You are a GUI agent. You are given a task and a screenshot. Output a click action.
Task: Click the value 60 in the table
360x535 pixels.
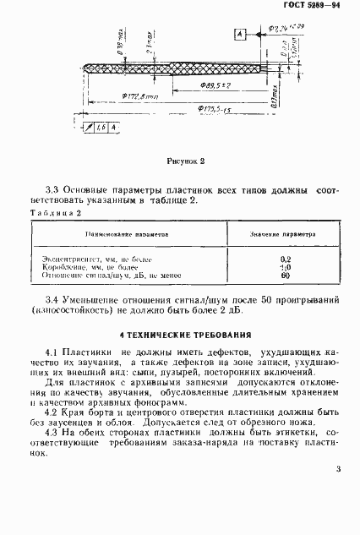click(x=284, y=276)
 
